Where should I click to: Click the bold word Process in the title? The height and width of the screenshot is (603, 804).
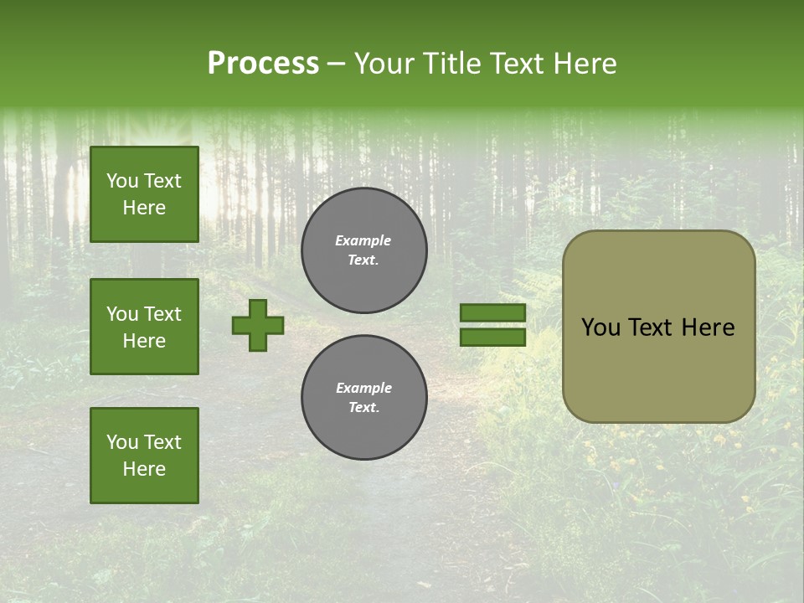[x=263, y=64]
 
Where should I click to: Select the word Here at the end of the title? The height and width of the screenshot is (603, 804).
[x=585, y=64]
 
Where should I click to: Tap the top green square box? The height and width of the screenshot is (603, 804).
[x=144, y=194]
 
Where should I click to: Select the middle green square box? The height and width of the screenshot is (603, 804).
[x=144, y=327]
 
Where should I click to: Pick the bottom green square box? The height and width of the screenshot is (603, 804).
[x=144, y=456]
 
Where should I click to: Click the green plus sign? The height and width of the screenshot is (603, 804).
[x=258, y=325]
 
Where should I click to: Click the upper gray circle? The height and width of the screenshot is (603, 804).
[x=364, y=250]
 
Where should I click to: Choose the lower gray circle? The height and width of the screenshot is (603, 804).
[x=364, y=397]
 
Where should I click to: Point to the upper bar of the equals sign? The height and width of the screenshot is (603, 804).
[x=492, y=312]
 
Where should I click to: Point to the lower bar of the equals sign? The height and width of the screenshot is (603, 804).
[x=492, y=337]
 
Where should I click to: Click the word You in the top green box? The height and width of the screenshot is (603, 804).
[x=122, y=181]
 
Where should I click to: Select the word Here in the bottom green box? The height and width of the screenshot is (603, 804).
[x=144, y=469]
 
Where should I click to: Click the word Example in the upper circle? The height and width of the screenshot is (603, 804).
[x=363, y=240]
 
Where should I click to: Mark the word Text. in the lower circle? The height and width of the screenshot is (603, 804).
[x=363, y=408]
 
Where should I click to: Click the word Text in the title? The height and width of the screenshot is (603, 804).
[x=519, y=64]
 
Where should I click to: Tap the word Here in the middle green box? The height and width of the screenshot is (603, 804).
[x=144, y=341]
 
